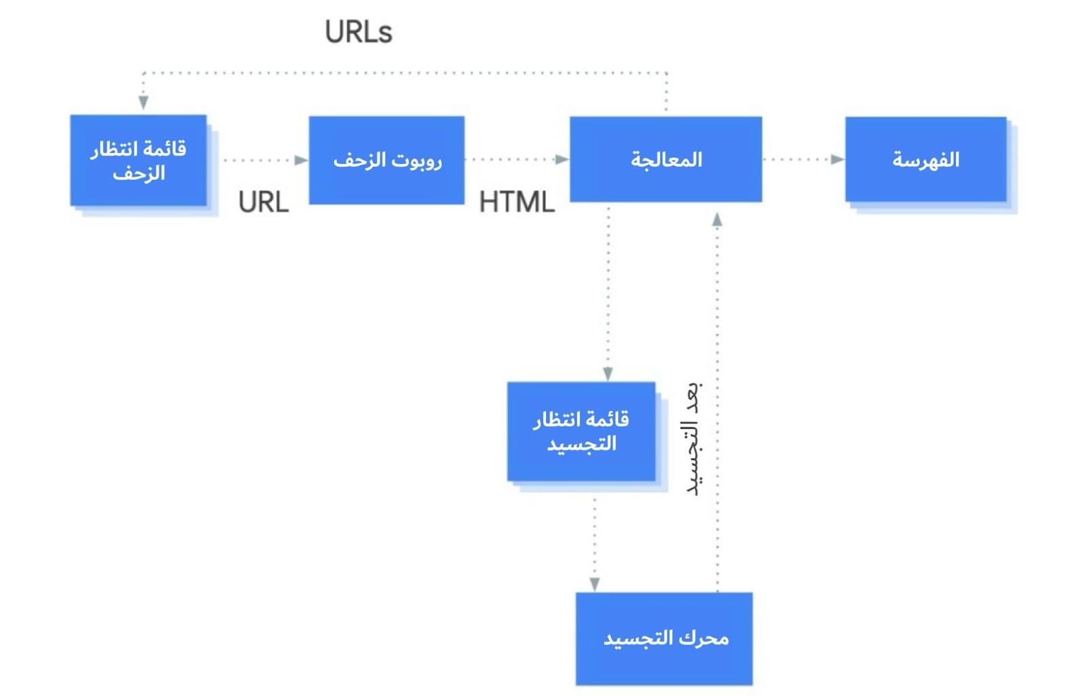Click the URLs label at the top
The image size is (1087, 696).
358,32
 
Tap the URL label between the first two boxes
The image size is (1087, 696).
264,202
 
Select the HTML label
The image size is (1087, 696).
517,202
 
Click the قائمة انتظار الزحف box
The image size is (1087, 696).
139,160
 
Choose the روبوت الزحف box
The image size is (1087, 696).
387,160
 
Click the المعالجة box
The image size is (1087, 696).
666,159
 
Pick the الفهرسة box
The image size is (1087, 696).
925,159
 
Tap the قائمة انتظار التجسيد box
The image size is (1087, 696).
582,432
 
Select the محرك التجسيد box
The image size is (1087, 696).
664,638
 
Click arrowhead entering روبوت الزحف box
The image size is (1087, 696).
301,160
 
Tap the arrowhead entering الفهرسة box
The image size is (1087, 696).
837,159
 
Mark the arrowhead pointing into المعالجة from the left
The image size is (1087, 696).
562,160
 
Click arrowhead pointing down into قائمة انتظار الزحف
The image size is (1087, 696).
143,102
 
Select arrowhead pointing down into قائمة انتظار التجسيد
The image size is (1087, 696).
608,374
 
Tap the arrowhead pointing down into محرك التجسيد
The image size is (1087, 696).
594,584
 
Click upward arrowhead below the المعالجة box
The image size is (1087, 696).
717,220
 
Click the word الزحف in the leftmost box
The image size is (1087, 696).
139,173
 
